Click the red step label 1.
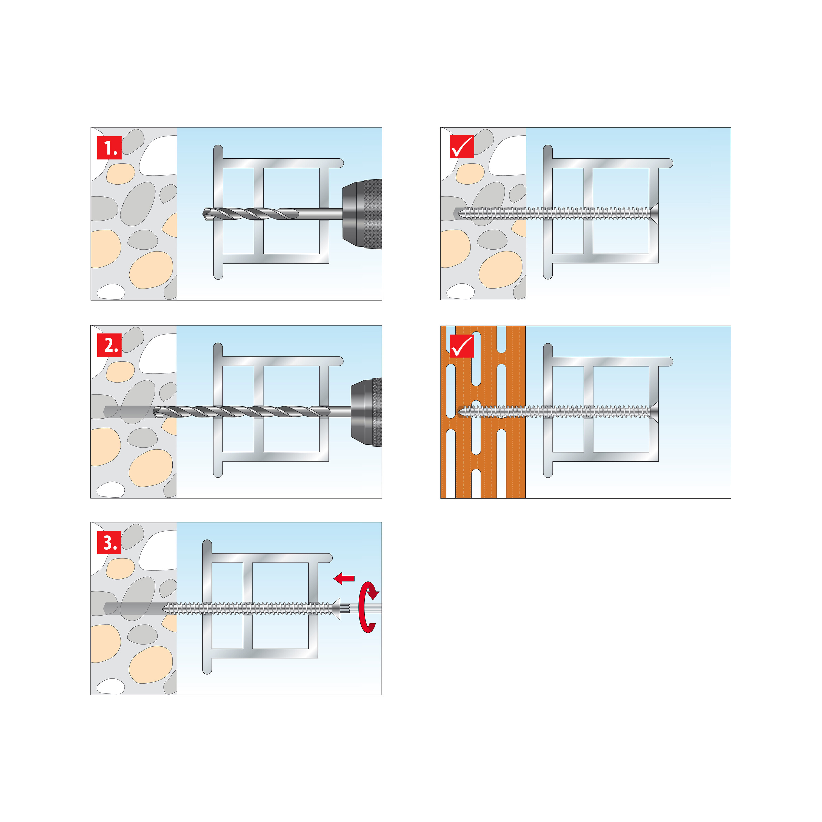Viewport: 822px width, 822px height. [x=109, y=148]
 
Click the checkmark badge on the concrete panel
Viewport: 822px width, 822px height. [x=462, y=147]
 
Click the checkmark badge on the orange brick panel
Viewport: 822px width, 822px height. [x=462, y=346]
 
